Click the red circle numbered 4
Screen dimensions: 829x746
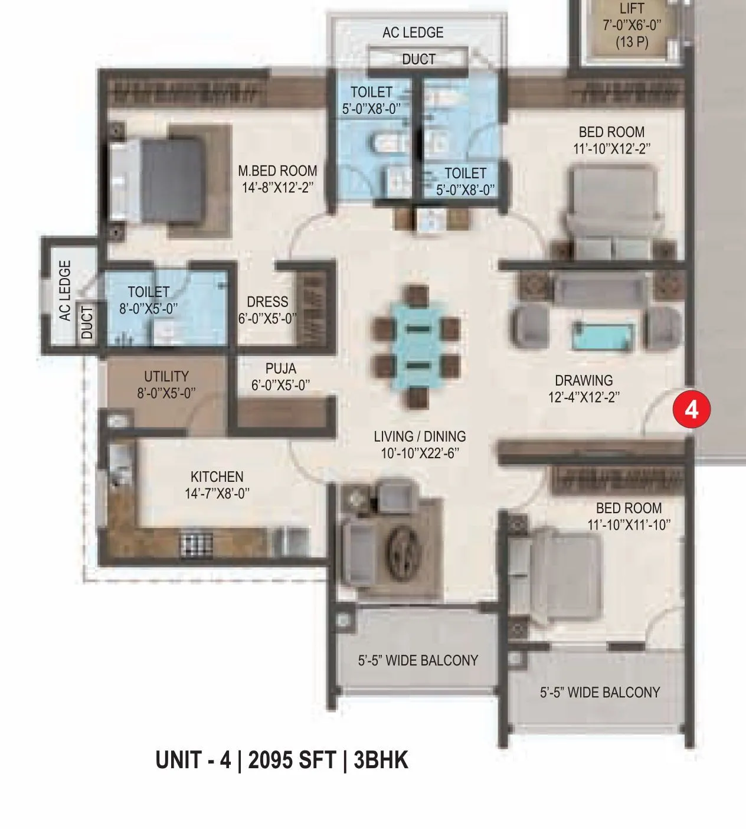tap(691, 409)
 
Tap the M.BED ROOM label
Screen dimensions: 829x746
tap(277, 171)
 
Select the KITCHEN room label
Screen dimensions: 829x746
tap(217, 476)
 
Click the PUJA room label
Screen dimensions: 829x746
tap(280, 369)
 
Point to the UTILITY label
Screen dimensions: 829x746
tap(166, 377)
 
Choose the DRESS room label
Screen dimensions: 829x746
tap(267, 302)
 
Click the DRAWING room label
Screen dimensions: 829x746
tap(584, 381)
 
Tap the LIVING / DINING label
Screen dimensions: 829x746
tap(420, 437)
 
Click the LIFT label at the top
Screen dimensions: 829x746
tap(632, 9)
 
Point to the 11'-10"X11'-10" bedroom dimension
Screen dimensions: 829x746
tap(629, 524)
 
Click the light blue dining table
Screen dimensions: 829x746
tap(415, 346)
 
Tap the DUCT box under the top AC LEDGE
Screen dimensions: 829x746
tap(418, 59)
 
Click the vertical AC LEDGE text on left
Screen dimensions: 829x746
tap(65, 291)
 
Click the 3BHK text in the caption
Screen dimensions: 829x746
tap(381, 760)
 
